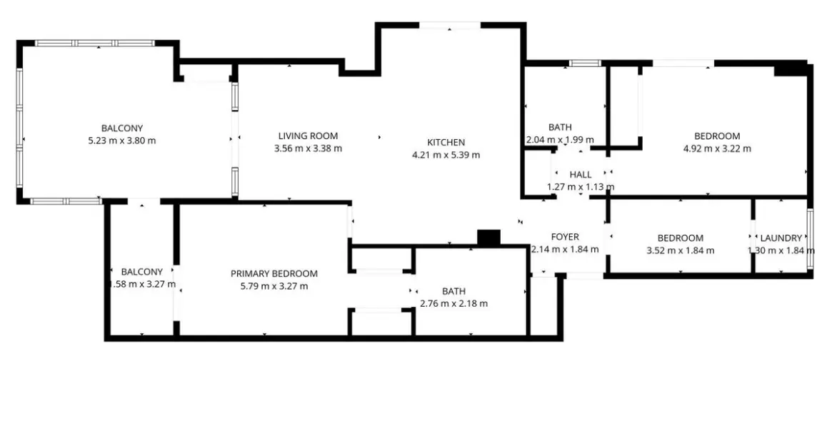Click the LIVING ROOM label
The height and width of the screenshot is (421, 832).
point(308,136)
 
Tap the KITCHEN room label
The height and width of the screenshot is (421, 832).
point(446,143)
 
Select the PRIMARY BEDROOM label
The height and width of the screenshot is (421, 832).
point(274,274)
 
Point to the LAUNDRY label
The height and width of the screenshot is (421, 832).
point(781,238)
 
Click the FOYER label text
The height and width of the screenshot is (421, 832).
point(565,237)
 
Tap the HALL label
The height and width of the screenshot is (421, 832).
point(581,175)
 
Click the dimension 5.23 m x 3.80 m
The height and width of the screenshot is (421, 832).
point(121,141)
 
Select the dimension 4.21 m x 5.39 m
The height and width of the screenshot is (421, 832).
point(446,155)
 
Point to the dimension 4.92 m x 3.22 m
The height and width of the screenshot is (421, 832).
point(717,148)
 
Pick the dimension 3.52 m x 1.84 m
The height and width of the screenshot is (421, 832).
point(680,250)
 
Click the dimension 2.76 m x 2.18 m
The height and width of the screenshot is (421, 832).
point(453,303)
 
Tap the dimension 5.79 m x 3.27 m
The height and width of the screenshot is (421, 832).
point(274,286)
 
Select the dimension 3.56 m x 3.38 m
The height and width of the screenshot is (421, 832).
point(308,148)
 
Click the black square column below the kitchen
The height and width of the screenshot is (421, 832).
point(488,238)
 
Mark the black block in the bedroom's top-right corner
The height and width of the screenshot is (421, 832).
point(789,69)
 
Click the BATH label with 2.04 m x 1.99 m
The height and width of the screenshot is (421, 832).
point(560,128)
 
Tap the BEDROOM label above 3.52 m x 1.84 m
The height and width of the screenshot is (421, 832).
point(680,238)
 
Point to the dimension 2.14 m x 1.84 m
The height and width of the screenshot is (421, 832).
point(565,250)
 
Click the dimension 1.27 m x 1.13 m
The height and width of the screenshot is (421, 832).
point(581,187)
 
